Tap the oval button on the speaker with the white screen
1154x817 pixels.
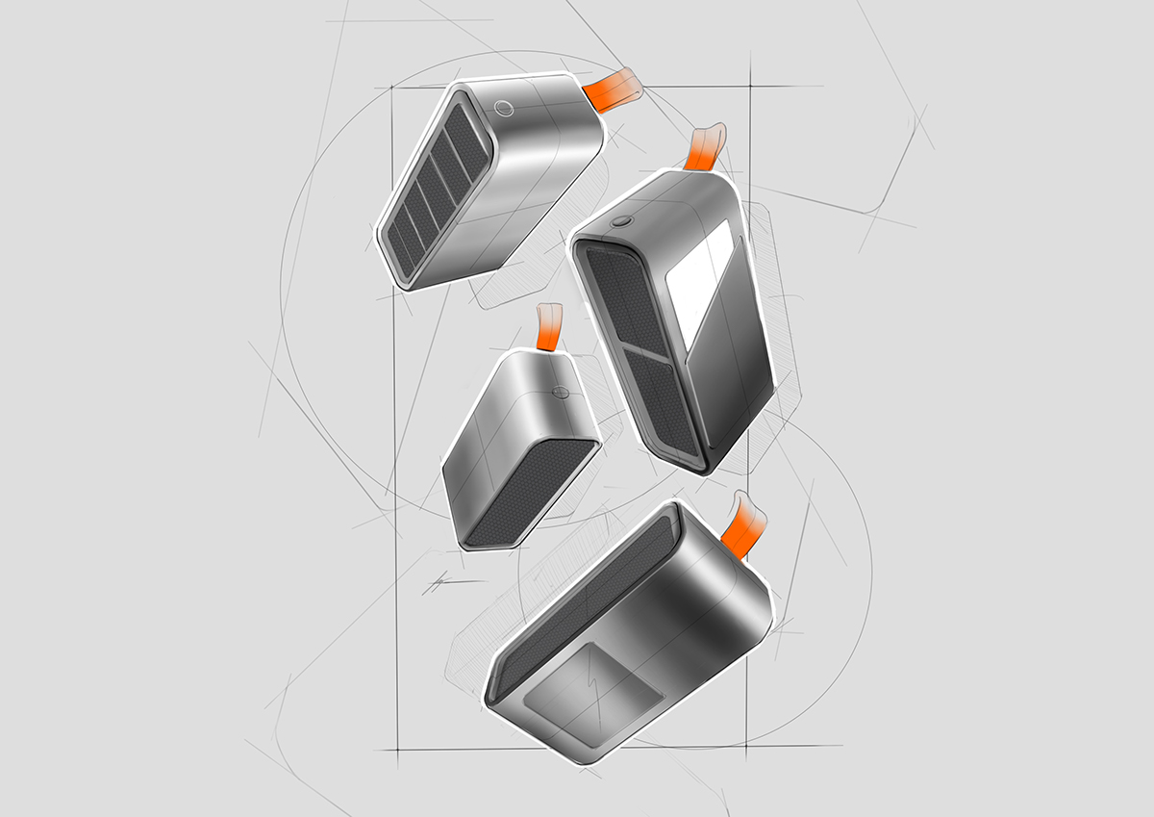point(619,219)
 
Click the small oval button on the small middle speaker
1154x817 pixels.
point(561,392)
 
